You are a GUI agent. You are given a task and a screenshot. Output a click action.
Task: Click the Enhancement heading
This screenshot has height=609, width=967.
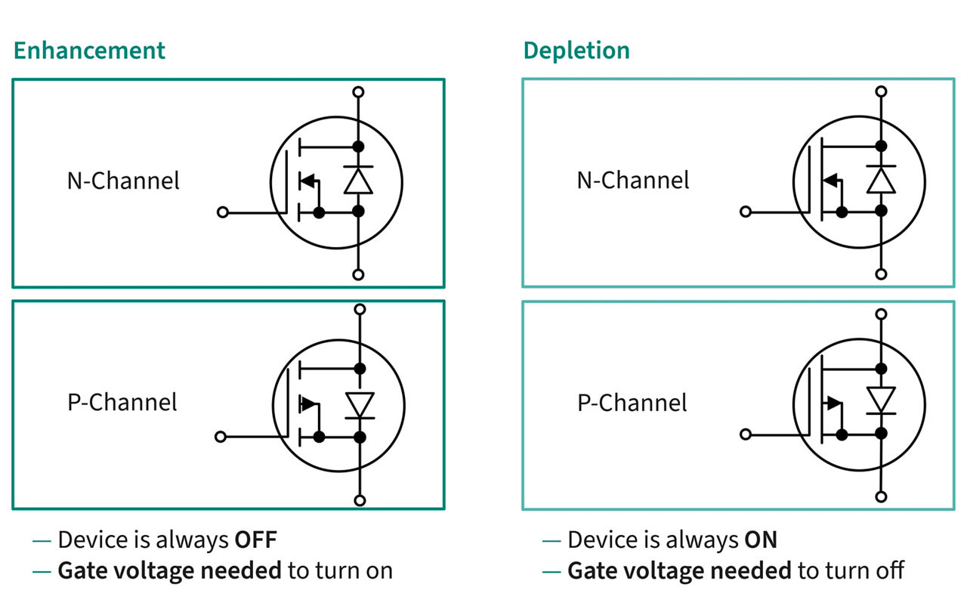(x=89, y=51)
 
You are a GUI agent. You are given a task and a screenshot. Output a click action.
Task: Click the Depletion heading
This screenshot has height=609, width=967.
(x=576, y=51)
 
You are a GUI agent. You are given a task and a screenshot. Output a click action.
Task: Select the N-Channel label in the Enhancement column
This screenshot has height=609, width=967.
(x=123, y=181)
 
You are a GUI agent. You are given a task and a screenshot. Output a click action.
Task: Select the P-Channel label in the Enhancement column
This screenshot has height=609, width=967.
(x=122, y=402)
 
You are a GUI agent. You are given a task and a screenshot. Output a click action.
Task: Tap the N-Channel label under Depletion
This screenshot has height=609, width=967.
(x=633, y=180)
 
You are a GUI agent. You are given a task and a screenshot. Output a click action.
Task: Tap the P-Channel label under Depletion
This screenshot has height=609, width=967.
(x=632, y=402)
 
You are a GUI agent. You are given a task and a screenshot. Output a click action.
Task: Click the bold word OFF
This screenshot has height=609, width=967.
(x=255, y=540)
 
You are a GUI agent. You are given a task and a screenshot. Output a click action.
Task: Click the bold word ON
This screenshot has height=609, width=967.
(x=761, y=540)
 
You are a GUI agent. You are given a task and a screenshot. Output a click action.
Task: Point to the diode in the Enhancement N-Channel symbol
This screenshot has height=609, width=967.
(x=359, y=180)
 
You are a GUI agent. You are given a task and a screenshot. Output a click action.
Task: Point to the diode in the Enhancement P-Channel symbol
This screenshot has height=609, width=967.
(x=360, y=403)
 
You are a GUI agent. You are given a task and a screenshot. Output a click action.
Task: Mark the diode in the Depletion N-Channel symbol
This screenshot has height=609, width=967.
(x=881, y=179)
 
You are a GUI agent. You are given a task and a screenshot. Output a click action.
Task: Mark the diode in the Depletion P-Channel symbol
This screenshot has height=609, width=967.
(x=881, y=400)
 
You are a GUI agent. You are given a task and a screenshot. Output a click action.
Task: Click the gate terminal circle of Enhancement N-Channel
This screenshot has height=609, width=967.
(x=222, y=213)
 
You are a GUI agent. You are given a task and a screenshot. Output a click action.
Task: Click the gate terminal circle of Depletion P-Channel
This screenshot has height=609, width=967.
(x=746, y=434)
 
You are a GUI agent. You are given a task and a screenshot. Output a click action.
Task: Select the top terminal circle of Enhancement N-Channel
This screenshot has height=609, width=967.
(x=359, y=92)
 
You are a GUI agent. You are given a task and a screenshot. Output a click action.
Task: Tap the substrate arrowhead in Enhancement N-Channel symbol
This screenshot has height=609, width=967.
(x=307, y=181)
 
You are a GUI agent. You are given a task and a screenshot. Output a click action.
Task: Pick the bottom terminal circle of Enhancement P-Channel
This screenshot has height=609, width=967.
(x=360, y=500)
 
